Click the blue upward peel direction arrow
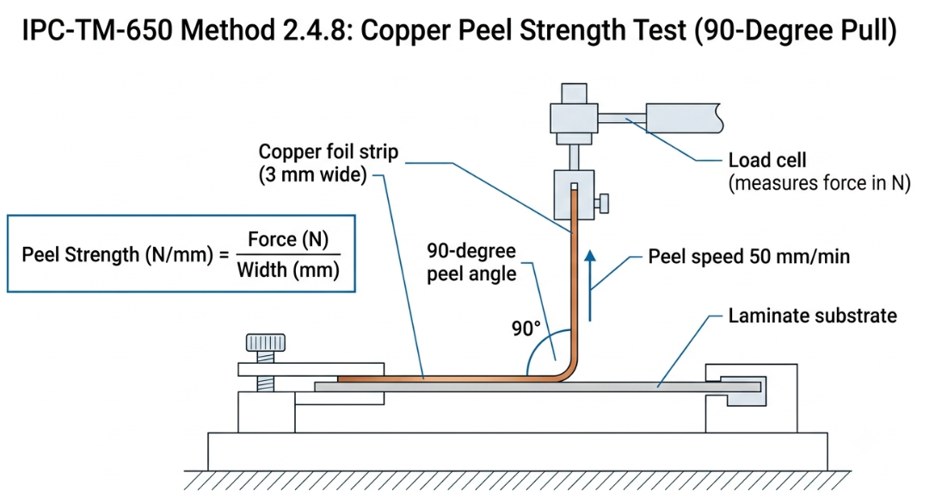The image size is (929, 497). [589, 285]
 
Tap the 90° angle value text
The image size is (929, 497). [526, 328]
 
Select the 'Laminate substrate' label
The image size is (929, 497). [812, 316]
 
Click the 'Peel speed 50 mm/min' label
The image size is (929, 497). [749, 256]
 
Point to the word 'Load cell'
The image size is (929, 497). [767, 160]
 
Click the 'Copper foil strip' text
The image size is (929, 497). [329, 151]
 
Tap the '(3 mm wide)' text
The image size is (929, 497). [313, 175]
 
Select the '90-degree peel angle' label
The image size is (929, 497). [471, 262]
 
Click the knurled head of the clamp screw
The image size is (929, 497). [266, 343]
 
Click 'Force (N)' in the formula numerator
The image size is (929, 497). [288, 239]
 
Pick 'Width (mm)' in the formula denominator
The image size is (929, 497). [288, 270]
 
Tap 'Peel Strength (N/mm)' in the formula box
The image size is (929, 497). [117, 255]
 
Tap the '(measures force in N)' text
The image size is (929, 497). [820, 183]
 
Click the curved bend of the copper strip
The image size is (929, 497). [566, 371]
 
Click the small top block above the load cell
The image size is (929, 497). [574, 94]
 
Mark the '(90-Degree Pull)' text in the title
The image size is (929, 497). [795, 31]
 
